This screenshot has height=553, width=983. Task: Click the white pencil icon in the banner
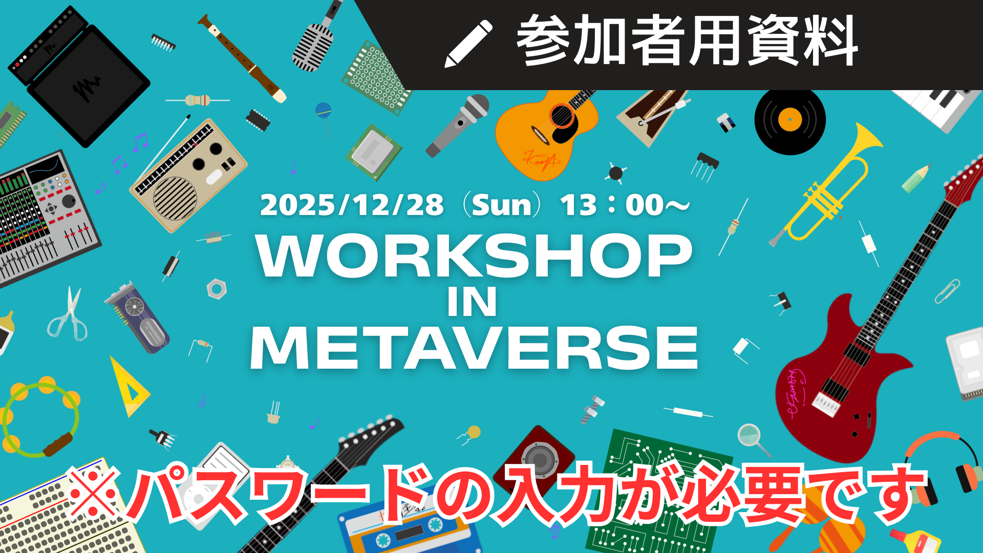click(468, 44)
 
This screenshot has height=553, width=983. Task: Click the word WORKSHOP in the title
click(475, 256)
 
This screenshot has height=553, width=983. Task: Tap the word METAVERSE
click(474, 348)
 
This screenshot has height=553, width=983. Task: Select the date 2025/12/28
click(352, 205)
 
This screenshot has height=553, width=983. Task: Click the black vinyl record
click(790, 120)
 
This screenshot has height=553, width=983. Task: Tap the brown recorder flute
click(242, 58)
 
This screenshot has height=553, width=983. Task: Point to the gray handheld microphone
click(457, 125)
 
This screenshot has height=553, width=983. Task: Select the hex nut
click(217, 289)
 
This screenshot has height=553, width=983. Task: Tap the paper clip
click(948, 291)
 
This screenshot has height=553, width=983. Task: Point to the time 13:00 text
click(625, 205)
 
